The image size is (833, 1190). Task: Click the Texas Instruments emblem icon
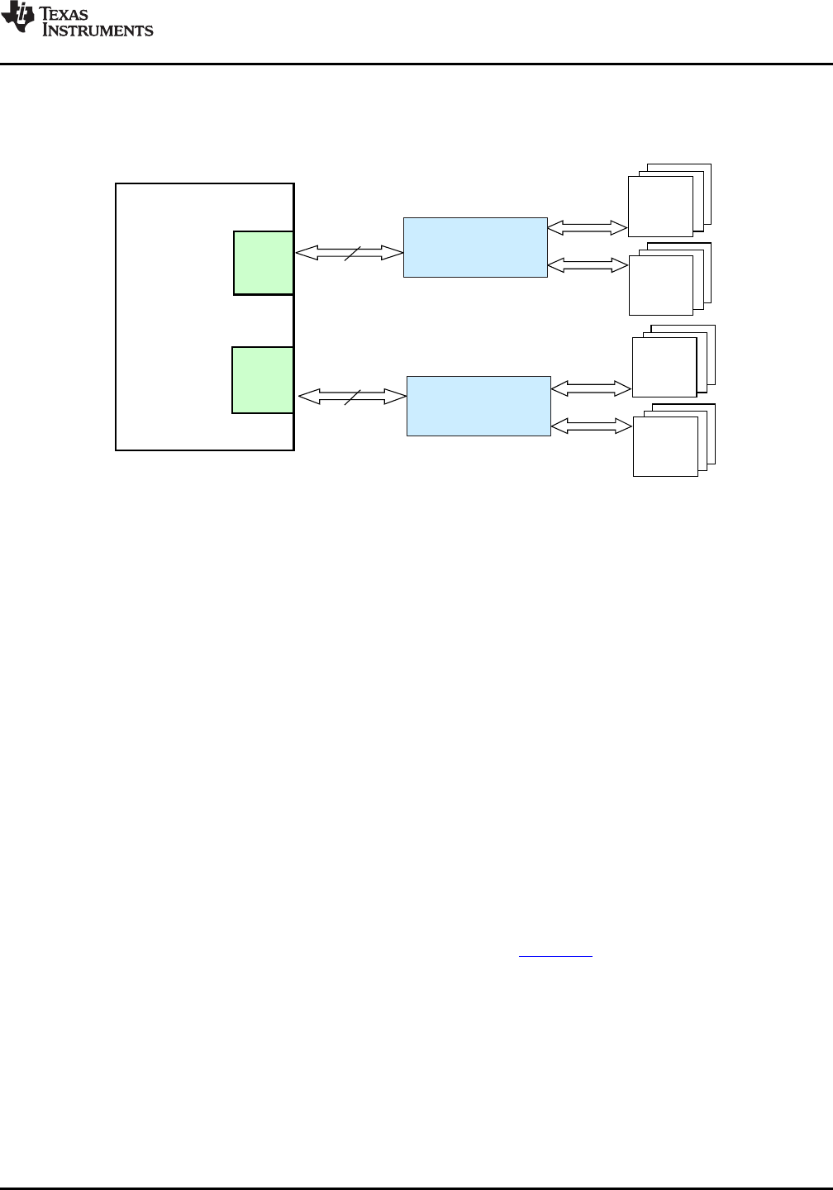click(x=17, y=17)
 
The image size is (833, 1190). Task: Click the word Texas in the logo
click(x=64, y=13)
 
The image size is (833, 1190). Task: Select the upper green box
click(x=264, y=263)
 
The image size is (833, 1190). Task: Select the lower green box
click(x=263, y=380)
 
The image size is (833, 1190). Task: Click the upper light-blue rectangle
click(x=475, y=248)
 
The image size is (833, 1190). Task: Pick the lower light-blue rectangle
click(x=478, y=407)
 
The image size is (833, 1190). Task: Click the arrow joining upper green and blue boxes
click(x=349, y=253)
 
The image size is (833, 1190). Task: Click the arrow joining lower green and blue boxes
click(x=352, y=397)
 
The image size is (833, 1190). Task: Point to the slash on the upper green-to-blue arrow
click(x=353, y=254)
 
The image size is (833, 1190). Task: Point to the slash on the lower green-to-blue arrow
click(x=353, y=397)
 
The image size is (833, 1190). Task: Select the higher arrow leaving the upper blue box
click(x=587, y=228)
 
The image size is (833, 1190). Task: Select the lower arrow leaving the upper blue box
click(x=588, y=265)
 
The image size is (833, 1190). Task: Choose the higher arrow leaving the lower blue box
click(x=591, y=388)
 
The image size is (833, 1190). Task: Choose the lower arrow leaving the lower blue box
click(x=592, y=426)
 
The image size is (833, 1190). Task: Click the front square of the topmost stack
click(x=660, y=207)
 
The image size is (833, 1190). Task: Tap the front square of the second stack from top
click(x=661, y=286)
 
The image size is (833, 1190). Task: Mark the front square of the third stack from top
click(x=664, y=367)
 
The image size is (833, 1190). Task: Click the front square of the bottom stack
click(x=666, y=447)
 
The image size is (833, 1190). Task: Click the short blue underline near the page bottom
click(x=555, y=957)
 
